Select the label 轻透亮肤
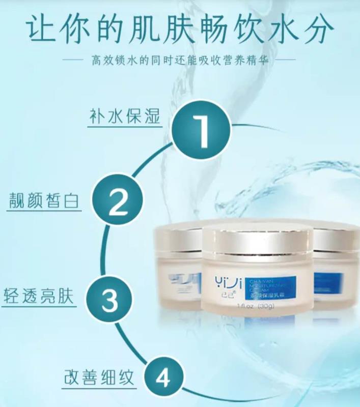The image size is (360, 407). [39, 295]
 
